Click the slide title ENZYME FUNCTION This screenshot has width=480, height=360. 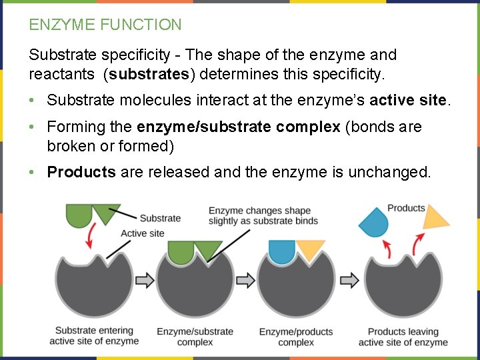pyautogui.click(x=105, y=25)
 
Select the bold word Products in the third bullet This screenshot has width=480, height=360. pyautogui.click(x=81, y=172)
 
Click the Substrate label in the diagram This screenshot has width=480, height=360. pyautogui.click(x=160, y=218)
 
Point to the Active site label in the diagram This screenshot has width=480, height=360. pyautogui.click(x=142, y=233)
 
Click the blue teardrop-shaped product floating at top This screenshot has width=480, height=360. pyautogui.click(x=373, y=221)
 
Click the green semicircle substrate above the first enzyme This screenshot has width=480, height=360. pyautogui.click(x=79, y=215)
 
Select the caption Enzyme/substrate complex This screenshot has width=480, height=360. pyautogui.click(x=195, y=337)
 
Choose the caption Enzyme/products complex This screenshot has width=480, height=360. pyautogui.click(x=296, y=337)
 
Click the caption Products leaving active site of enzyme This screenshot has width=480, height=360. pyautogui.click(x=403, y=337)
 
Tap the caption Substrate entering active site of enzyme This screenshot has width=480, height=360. pyautogui.click(x=94, y=335)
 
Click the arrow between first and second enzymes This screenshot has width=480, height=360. pyautogui.click(x=145, y=281)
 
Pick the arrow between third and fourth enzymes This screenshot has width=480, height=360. pyautogui.click(x=348, y=281)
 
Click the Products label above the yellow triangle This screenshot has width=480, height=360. pyautogui.click(x=406, y=208)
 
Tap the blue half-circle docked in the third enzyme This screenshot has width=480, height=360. pyautogui.click(x=281, y=252)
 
